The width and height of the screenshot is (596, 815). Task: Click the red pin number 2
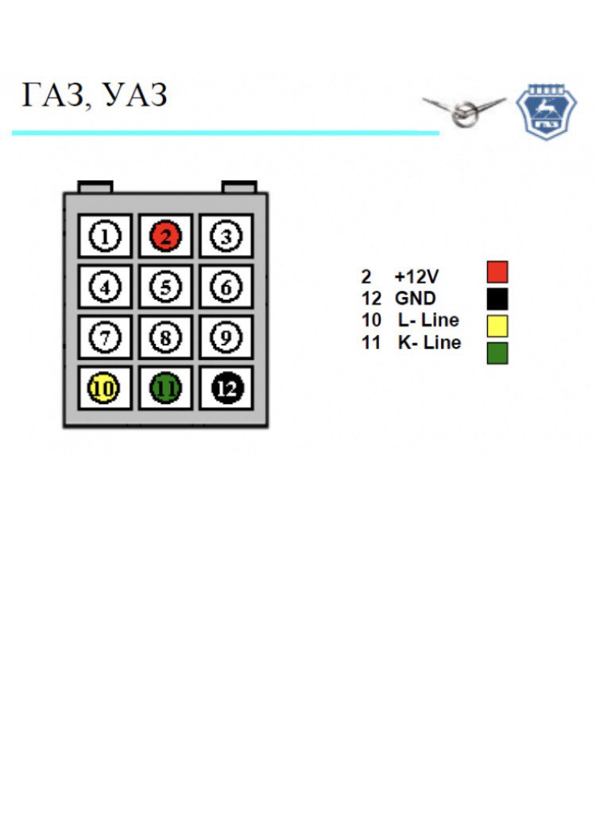click(x=166, y=236)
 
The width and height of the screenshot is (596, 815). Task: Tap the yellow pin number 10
click(x=105, y=388)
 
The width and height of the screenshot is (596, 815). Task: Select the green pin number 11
click(x=166, y=388)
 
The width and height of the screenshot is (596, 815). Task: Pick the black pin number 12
click(x=226, y=388)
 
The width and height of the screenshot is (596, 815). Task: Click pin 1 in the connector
click(x=105, y=236)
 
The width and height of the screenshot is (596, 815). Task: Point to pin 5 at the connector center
click(x=166, y=287)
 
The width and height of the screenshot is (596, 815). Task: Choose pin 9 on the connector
click(x=226, y=338)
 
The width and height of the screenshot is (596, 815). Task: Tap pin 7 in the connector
click(x=105, y=338)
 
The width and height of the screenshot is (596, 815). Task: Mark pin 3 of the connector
click(x=226, y=236)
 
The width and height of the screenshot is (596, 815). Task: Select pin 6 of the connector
click(x=226, y=287)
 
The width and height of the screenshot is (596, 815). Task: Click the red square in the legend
click(x=497, y=272)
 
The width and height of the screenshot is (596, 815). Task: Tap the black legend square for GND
click(x=497, y=299)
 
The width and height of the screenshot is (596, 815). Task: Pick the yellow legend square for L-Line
click(x=497, y=326)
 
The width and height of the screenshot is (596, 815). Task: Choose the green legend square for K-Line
click(x=497, y=353)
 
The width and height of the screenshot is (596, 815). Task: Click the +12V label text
click(x=416, y=277)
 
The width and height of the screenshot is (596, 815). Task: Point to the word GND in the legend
click(x=415, y=299)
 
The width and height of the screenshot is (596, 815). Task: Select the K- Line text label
click(x=429, y=343)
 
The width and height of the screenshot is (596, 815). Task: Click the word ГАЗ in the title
click(x=49, y=96)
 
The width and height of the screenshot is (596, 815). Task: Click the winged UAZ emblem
click(x=464, y=111)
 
